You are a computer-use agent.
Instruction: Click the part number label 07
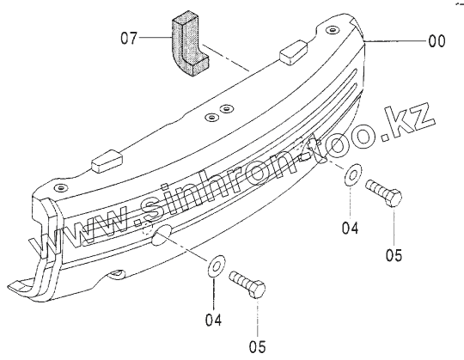click(x=129, y=39)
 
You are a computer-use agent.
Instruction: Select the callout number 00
click(x=437, y=41)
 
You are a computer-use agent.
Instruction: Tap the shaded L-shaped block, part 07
click(x=190, y=44)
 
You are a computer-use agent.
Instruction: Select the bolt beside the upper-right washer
click(x=384, y=192)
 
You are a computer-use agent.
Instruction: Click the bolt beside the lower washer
click(x=247, y=284)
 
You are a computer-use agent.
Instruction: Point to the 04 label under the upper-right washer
click(x=350, y=229)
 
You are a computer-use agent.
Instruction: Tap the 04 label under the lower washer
click(x=213, y=320)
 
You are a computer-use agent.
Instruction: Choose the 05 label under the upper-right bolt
click(x=394, y=255)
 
